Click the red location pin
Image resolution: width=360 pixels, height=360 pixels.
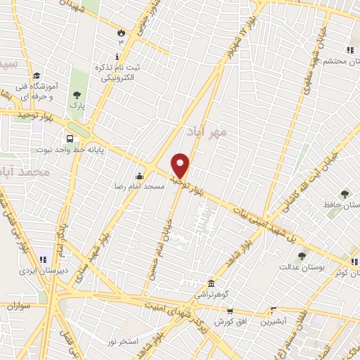pyautogui.click(x=181, y=166)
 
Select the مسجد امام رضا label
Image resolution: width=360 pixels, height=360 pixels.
pyautogui.click(x=140, y=186)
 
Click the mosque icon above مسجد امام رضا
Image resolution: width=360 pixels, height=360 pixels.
pyautogui.click(x=139, y=176)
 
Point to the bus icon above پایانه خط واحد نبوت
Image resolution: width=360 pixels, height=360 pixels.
pyautogui.click(x=70, y=139)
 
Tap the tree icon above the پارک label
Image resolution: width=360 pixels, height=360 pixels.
pyautogui.click(x=76, y=95)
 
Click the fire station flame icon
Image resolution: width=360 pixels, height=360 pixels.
pyautogui.click(x=120, y=32)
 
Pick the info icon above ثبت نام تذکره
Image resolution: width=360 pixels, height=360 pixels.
pyautogui.click(x=117, y=56)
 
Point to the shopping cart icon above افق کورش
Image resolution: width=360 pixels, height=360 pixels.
pyautogui.click(x=229, y=311)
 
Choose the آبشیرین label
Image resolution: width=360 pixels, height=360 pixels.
pyautogui.click(x=273, y=321)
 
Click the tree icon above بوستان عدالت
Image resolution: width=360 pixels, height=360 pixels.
pyautogui.click(x=302, y=256)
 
